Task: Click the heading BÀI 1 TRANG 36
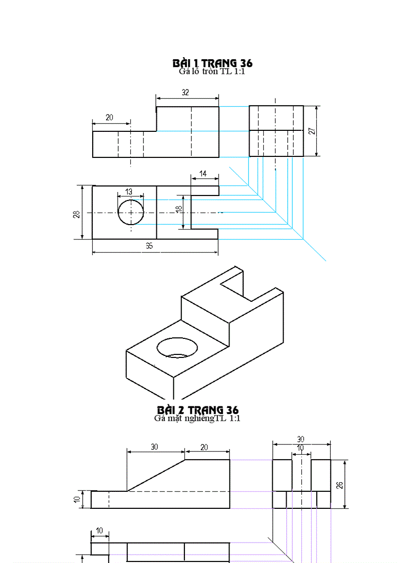(212, 63)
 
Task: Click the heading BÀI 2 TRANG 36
(197, 410)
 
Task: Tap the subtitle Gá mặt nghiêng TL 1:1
(197, 418)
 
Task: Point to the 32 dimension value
(185, 93)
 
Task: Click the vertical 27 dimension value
(312, 131)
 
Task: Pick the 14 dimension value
(202, 173)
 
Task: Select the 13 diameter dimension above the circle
(129, 192)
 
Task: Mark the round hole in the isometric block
(177, 347)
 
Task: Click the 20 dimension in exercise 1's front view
(109, 117)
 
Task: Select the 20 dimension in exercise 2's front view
(204, 447)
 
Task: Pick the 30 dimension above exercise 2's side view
(301, 439)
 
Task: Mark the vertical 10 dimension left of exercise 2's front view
(83, 500)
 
